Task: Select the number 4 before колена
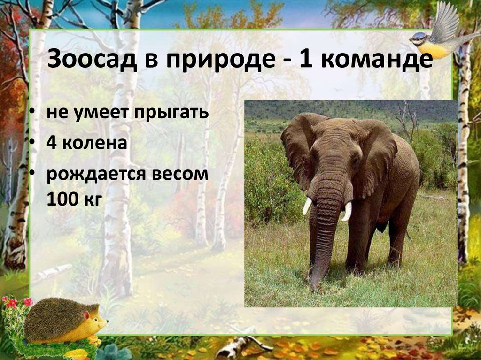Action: (51, 143)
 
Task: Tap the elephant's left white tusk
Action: (307, 206)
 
